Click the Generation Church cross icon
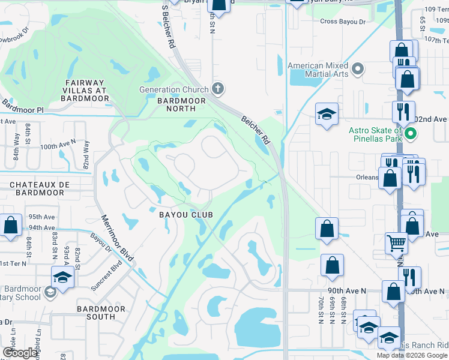pos(217,90)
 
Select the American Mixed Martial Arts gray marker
pos(358,69)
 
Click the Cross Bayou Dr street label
pos(343,22)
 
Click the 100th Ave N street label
pos(58,146)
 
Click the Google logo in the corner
pos(21,353)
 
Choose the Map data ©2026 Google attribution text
pos(412,355)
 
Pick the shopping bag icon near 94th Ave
pos(11,226)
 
